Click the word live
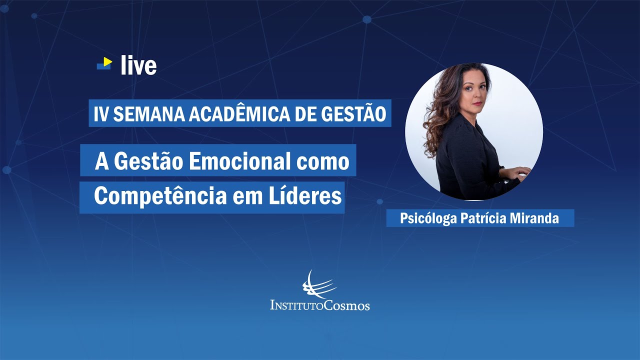pos(138,65)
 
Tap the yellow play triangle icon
pos(107,61)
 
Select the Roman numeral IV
pos(101,114)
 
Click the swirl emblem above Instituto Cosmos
pos(318,284)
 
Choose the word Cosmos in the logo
pos(345,304)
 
